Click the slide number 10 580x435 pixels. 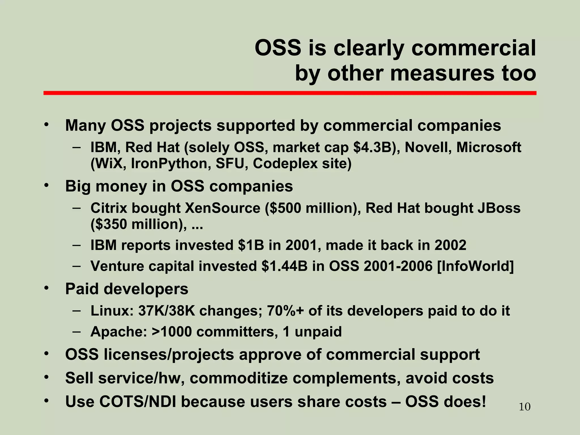tap(524, 407)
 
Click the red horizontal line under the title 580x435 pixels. tap(290, 93)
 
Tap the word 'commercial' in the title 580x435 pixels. tap(474, 48)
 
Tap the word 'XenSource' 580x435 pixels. tap(222, 208)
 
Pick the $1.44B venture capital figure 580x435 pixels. tap(284, 266)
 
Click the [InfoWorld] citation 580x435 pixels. tap(475, 266)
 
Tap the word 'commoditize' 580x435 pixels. tap(238, 378)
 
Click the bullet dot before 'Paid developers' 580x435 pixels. tap(46, 288)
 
